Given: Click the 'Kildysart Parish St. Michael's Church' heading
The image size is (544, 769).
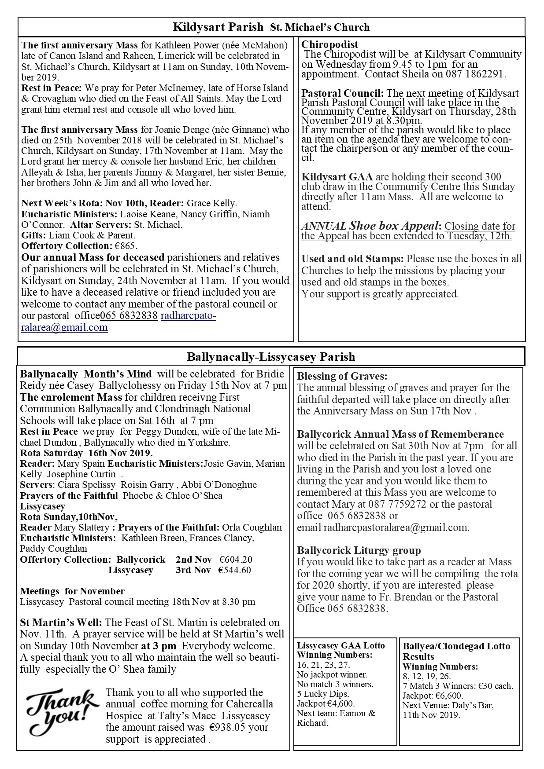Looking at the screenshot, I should (x=271, y=27).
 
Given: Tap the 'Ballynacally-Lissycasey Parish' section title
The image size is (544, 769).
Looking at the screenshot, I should (x=271, y=356).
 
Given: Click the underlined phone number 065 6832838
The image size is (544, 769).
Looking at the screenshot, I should (x=129, y=316).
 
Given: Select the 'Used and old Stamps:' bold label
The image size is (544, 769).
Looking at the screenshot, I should (x=352, y=259).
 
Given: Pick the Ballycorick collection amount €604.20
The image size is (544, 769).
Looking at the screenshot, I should (x=236, y=560).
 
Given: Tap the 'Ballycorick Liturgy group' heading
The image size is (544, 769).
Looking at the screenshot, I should (x=359, y=550).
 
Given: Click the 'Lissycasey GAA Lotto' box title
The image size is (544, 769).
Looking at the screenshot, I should (x=340, y=646).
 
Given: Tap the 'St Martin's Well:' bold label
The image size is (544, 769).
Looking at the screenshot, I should (x=61, y=623).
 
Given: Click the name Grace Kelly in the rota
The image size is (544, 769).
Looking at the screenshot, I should (x=212, y=203).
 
